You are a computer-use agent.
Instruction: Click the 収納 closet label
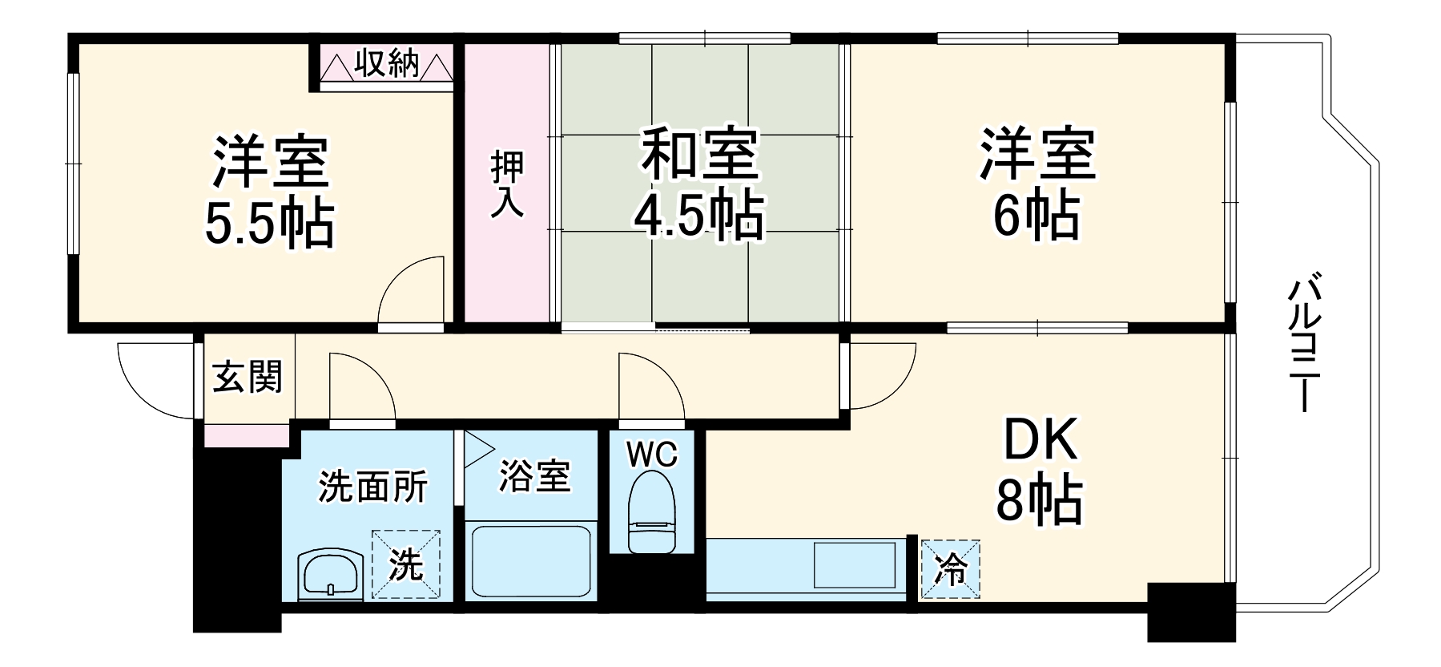coord(387,63)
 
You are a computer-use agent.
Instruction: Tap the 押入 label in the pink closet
coord(508,184)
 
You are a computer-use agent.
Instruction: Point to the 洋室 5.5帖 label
coord(270,192)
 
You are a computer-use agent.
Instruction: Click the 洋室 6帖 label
coord(1036,186)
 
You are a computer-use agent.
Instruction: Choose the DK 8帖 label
coord(1039,470)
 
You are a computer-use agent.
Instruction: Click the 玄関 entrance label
coord(248,376)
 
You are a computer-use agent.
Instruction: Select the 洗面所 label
coord(373,487)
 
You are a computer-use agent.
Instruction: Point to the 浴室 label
coord(534,477)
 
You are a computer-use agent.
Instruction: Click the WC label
coord(652,455)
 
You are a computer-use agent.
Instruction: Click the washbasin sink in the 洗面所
coord(330,574)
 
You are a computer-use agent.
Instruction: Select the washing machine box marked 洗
coord(405,564)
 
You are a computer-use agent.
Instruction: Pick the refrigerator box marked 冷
coord(951,569)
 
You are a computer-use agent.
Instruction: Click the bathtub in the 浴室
coord(531,561)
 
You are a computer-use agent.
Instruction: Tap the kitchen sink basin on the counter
coord(855,565)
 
